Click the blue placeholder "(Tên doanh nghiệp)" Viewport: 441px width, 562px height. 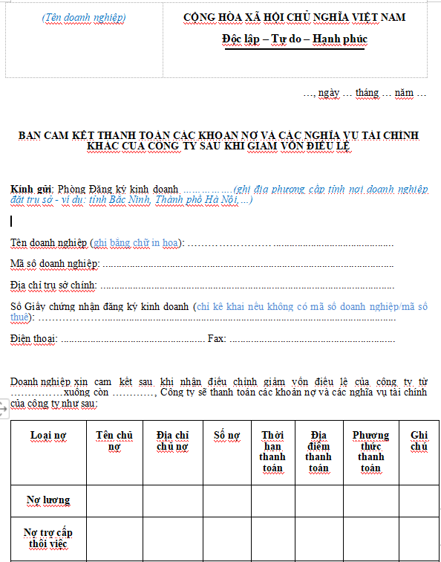coord(84,17)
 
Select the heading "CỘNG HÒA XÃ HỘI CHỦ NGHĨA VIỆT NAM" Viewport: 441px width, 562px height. coord(295,17)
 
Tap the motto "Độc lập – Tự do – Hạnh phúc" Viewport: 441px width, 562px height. coord(295,39)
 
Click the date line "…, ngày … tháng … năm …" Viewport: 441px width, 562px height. coord(365,93)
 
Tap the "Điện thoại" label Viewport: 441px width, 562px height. coord(33,338)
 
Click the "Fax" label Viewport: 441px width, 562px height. coord(216,338)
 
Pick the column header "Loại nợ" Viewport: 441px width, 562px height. coord(49,435)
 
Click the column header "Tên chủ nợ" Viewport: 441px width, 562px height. coord(114,441)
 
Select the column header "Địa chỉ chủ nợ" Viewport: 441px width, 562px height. coord(173,441)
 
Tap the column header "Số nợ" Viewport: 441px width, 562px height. coord(226,435)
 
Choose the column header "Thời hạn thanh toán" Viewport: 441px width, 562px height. coord(272,452)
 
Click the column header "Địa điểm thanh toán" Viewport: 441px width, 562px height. coord(318,452)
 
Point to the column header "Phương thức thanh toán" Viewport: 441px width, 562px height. coord(370,452)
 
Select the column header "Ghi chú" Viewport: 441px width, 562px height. coord(419,441)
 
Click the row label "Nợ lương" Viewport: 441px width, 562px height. coord(48,500)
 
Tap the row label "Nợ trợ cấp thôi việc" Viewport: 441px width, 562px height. coord(48,538)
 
